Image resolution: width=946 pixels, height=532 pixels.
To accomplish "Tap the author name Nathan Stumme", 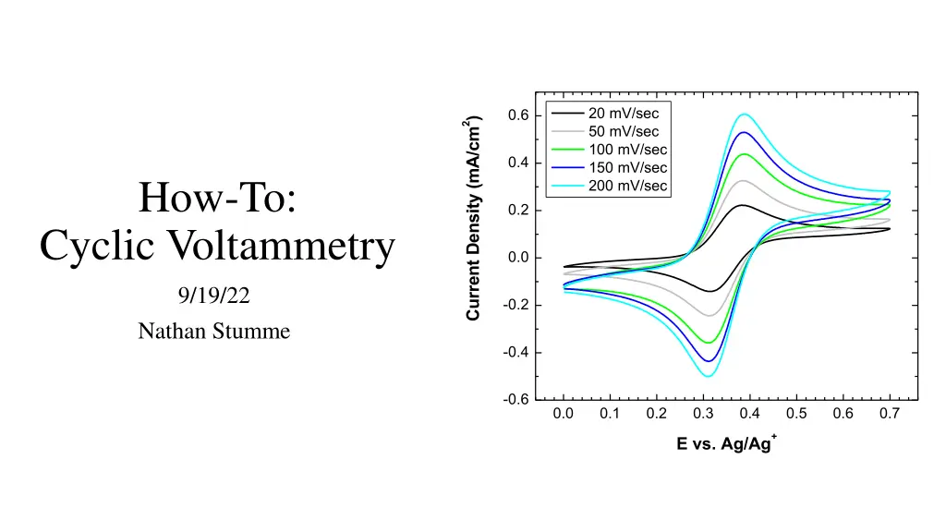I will (214, 330).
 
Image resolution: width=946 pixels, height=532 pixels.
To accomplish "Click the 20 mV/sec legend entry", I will (624, 114).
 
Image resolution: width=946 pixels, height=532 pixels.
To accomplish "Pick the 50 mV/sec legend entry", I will (624, 131).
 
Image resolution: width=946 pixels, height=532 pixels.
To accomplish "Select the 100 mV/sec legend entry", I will (627, 150).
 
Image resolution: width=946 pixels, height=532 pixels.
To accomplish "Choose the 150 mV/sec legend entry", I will (627, 167).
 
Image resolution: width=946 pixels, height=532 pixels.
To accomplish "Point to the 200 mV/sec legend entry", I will (627, 186).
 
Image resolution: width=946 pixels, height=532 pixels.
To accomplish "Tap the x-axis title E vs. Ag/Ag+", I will (726, 443).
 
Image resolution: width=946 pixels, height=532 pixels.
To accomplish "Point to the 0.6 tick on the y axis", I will (517, 115).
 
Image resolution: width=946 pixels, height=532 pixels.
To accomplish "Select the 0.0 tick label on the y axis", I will (517, 258).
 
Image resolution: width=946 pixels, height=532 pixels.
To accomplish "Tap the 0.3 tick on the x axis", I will (703, 413).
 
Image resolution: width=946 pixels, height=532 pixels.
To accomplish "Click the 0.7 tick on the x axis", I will (890, 413).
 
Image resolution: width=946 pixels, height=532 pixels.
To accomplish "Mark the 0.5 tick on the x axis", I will (796, 413).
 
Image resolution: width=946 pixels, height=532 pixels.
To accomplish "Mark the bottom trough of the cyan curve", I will (709, 376).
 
